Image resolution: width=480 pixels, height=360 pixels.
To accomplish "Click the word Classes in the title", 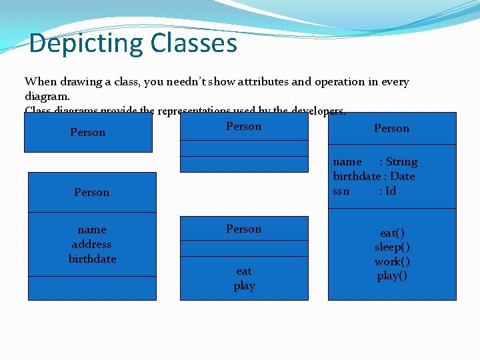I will coord(193,43).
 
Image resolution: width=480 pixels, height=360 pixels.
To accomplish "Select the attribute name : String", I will coord(375,161).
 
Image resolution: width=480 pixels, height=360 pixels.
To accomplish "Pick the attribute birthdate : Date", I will coord(374,176).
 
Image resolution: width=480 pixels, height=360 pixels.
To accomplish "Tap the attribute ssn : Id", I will coord(365,191).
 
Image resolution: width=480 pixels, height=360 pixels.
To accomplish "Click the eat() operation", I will coord(392,233).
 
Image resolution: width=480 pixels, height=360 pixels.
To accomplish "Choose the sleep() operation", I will coord(392,247).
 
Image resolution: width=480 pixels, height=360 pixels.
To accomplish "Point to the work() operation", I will coord(392,261).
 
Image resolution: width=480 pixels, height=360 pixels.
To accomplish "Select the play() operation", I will coord(392,276).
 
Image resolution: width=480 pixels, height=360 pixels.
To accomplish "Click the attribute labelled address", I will coord(92,244).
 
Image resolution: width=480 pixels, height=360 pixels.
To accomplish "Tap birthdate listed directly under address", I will coord(92,259).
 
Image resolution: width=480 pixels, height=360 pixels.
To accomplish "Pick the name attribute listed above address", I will coord(92,229).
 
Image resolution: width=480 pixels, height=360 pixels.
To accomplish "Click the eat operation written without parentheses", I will coord(244,271).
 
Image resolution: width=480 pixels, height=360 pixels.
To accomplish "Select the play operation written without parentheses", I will coord(244,285).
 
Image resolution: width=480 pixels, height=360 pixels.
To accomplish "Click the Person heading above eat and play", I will coord(244,229).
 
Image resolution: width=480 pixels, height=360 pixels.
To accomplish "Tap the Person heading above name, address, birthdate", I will coord(92,192).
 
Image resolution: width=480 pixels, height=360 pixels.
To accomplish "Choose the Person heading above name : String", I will coord(392,128).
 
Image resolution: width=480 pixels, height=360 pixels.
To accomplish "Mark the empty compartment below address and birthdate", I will coord(92,288).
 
